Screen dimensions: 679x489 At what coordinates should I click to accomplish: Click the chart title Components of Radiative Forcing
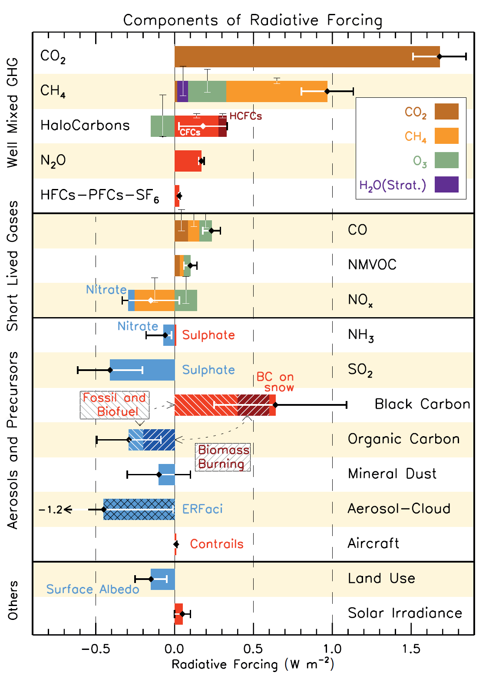point(252,20)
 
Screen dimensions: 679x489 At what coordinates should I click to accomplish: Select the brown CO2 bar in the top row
point(304,56)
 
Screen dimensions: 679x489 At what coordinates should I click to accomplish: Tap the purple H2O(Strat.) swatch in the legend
point(446,184)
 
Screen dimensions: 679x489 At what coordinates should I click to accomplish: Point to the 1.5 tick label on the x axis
point(411,649)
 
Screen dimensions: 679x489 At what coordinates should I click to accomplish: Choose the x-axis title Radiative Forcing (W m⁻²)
point(253,664)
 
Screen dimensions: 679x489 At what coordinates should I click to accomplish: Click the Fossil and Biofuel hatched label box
point(115,405)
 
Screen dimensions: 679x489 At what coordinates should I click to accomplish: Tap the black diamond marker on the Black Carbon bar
point(275,405)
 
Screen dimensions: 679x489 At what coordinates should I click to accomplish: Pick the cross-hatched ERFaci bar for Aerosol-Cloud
point(139,509)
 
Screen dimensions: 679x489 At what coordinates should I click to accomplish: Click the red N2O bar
point(188,161)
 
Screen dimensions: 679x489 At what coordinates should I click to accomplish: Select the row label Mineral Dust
point(392,474)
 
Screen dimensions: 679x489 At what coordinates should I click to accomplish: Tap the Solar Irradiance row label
point(405,613)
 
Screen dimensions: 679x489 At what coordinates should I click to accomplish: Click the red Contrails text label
point(217,544)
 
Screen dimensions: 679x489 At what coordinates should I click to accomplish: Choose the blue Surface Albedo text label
point(93,589)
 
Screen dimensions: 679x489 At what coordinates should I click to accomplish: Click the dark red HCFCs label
point(246,116)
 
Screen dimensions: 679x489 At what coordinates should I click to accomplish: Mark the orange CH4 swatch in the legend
point(446,136)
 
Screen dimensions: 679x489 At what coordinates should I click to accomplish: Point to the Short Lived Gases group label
point(13,265)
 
